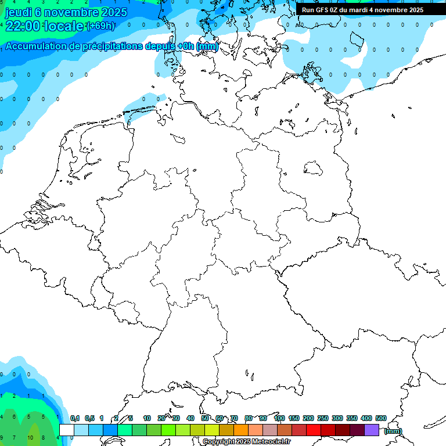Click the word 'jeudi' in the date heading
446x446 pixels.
(19, 12)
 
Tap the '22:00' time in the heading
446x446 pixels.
(23, 26)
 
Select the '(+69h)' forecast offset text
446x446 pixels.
(100, 26)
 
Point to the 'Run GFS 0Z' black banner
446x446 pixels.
(363, 10)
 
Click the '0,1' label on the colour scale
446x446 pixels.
(75, 418)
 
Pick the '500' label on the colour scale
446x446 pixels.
(381, 418)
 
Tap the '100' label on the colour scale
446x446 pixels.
(279, 418)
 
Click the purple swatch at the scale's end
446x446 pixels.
(372, 430)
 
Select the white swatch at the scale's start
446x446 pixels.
(67, 430)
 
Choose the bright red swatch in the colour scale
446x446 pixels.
(314, 430)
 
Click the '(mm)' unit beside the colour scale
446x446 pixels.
(393, 431)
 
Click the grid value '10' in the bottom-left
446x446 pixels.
(30, 438)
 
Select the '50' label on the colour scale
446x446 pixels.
(205, 418)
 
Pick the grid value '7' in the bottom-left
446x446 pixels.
(15, 438)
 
